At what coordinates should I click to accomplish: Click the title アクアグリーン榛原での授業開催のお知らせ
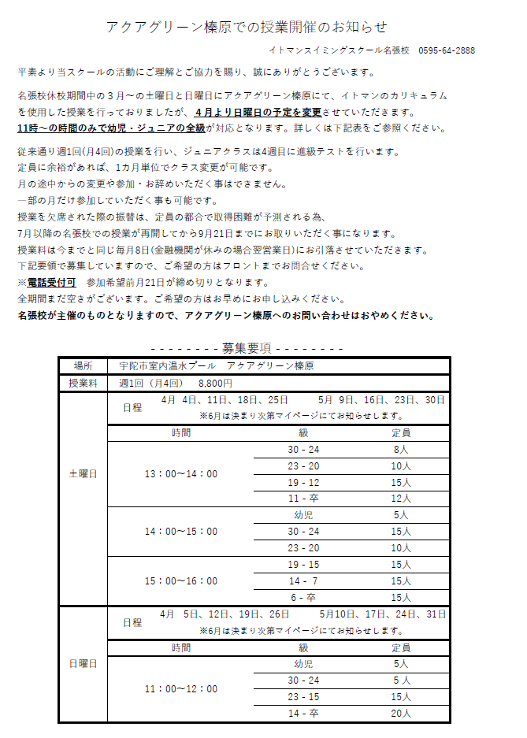(x=247, y=28)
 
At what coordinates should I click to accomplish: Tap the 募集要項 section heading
(x=247, y=347)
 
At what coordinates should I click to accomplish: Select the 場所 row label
(x=83, y=366)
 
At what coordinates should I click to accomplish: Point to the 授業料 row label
(x=83, y=384)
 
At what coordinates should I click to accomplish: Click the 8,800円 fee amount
(x=215, y=384)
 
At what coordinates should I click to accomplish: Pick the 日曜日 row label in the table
(x=83, y=664)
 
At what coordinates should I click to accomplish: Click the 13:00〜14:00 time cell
(x=181, y=474)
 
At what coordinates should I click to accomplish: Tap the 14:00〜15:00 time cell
(x=181, y=532)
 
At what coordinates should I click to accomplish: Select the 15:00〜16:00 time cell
(x=181, y=581)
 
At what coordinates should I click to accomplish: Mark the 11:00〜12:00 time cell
(x=181, y=689)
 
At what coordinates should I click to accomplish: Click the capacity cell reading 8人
(x=401, y=450)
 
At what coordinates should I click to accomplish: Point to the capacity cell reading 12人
(x=401, y=499)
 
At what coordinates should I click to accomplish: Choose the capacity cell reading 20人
(x=401, y=714)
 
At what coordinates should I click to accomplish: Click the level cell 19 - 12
(x=303, y=482)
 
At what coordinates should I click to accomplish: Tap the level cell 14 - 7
(x=303, y=580)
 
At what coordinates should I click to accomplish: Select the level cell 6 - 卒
(x=303, y=597)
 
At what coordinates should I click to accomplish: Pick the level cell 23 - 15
(x=303, y=697)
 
